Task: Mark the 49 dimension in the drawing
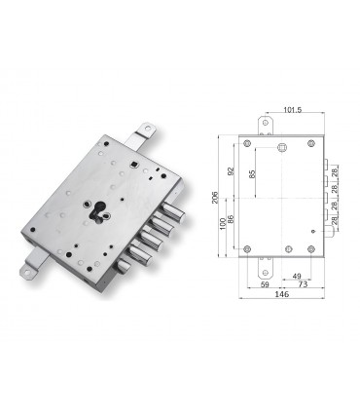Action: click(294, 277)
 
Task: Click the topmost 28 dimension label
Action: click(334, 172)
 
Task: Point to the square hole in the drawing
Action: click(282, 148)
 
